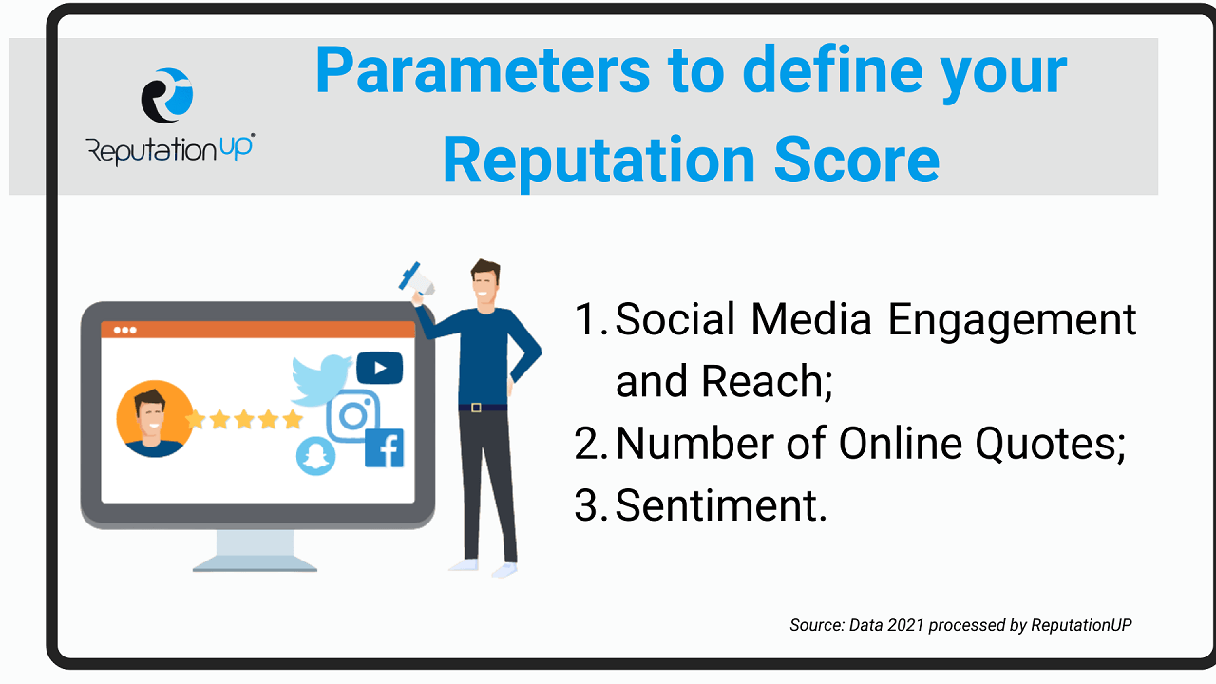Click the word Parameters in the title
click(x=483, y=70)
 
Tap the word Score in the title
click(x=857, y=161)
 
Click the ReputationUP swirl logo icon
click(x=167, y=96)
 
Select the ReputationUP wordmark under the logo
click(x=170, y=149)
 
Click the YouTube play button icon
click(x=379, y=368)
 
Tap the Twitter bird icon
click(x=321, y=380)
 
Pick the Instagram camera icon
click(x=352, y=416)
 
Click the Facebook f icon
click(x=385, y=447)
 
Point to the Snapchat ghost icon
click(x=315, y=456)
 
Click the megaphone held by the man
click(x=418, y=280)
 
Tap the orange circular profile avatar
click(x=155, y=419)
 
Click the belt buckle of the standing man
click(x=476, y=408)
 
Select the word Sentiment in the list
click(x=721, y=506)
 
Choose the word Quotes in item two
click(x=1051, y=444)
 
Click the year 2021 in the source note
click(x=905, y=625)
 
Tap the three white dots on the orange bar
click(x=124, y=330)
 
